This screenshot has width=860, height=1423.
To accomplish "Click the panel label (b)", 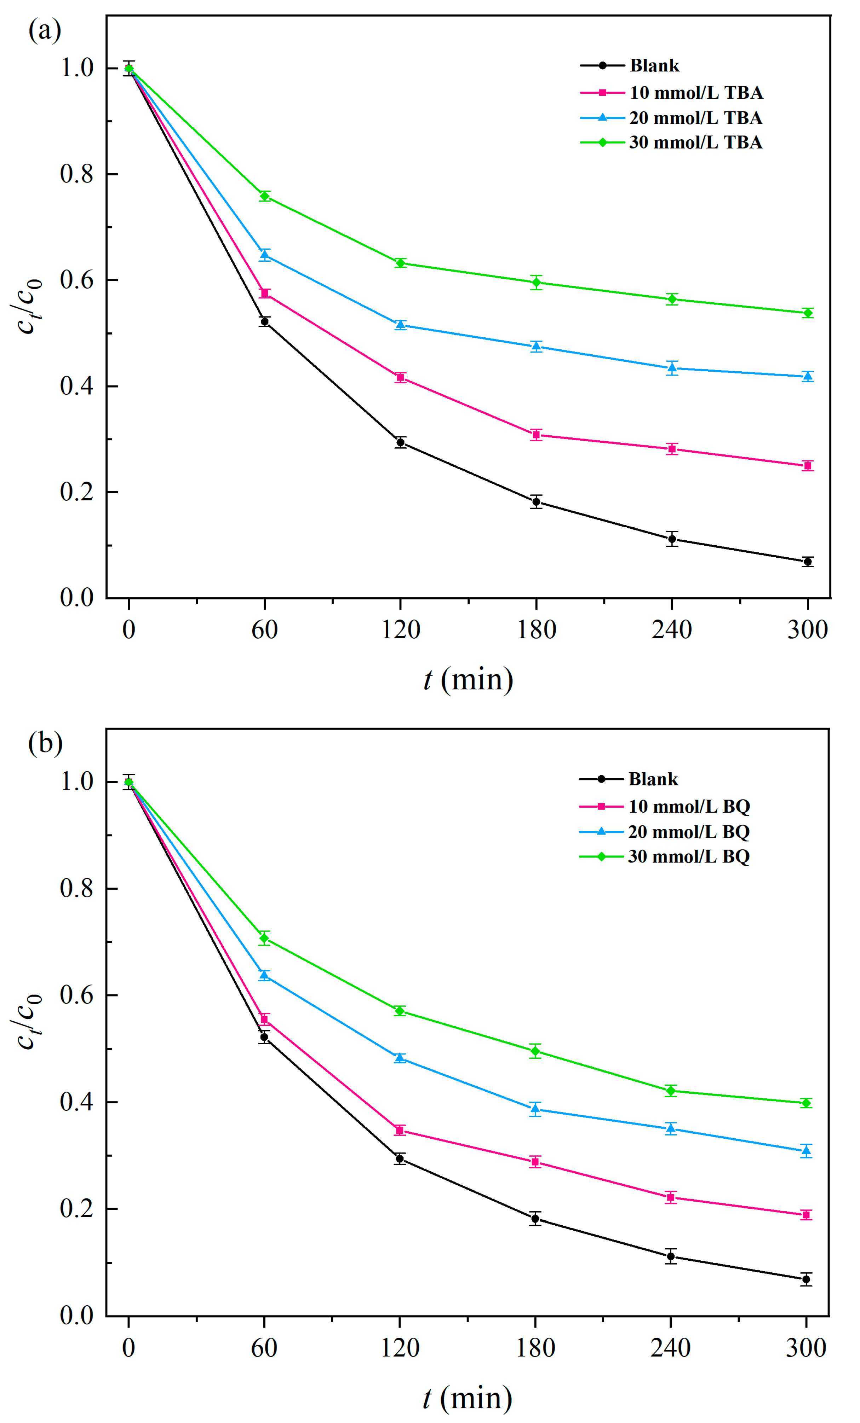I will [x=45, y=743].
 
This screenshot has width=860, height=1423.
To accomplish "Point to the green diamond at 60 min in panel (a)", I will [x=265, y=196].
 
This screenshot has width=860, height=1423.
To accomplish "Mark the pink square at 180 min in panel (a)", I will [x=536, y=435].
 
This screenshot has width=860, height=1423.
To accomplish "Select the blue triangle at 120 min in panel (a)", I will [x=401, y=325].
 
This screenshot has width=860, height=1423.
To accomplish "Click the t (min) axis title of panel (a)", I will [x=468, y=679].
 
